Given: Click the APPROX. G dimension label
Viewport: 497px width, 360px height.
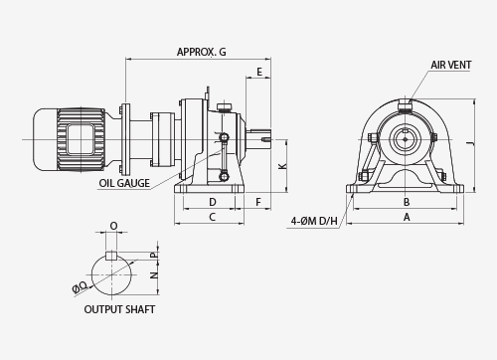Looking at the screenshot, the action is pyautogui.click(x=201, y=52).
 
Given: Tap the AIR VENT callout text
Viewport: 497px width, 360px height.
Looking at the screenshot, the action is pyautogui.click(x=450, y=65).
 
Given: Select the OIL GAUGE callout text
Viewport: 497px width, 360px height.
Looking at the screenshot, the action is pyautogui.click(x=124, y=183).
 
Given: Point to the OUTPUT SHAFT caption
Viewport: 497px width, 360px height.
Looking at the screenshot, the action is pyautogui.click(x=119, y=309).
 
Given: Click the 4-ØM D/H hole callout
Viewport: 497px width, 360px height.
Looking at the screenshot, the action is pyautogui.click(x=314, y=221).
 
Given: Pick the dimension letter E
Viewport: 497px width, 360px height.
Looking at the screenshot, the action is pyautogui.click(x=259, y=72).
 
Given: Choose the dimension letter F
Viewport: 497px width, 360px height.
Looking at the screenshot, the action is pyautogui.click(x=258, y=202).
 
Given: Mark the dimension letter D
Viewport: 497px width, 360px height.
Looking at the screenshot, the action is pyautogui.click(x=213, y=202).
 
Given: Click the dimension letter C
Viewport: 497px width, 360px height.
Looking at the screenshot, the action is pyautogui.click(x=213, y=217).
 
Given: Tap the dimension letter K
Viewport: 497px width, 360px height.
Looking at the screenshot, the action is pyautogui.click(x=282, y=166).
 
